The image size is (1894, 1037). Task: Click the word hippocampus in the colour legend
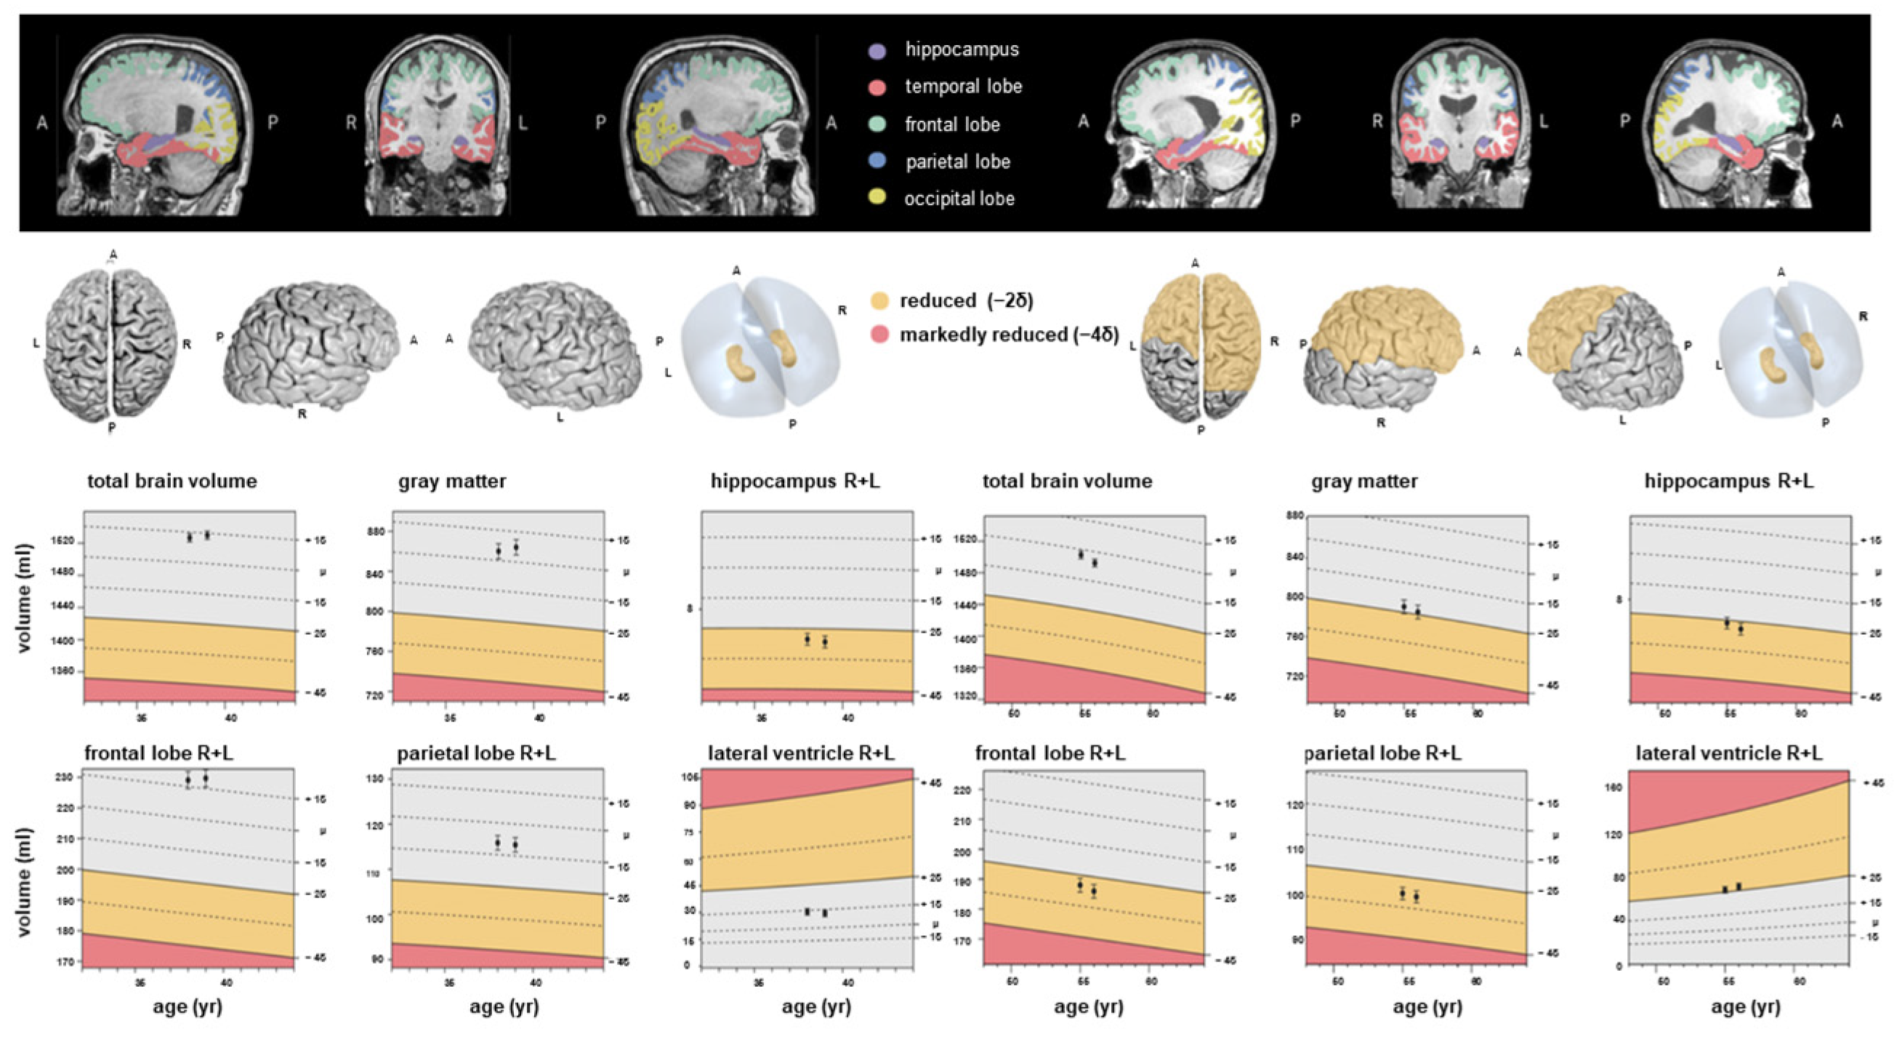click(x=962, y=49)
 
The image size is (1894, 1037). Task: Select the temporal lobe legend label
click(x=963, y=87)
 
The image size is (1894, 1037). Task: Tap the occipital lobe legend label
click(x=959, y=199)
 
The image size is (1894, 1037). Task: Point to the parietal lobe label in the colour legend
click(x=957, y=161)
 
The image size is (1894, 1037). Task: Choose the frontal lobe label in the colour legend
click(x=952, y=124)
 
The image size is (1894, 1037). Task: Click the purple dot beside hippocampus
click(x=877, y=51)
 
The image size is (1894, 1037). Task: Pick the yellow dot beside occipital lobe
click(x=877, y=197)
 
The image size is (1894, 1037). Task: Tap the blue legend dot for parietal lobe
click(x=877, y=160)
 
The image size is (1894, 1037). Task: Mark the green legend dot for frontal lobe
click(x=877, y=124)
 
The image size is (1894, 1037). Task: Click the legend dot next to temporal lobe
click(x=877, y=87)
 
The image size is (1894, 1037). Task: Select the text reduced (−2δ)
click(x=966, y=301)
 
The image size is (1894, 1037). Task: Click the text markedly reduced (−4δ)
click(x=1009, y=335)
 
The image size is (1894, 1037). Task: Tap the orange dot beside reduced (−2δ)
click(x=879, y=301)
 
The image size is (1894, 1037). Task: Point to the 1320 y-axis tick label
click(x=966, y=695)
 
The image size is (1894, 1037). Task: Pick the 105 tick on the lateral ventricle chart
click(x=690, y=777)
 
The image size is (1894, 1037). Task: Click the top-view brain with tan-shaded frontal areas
click(x=1201, y=345)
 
